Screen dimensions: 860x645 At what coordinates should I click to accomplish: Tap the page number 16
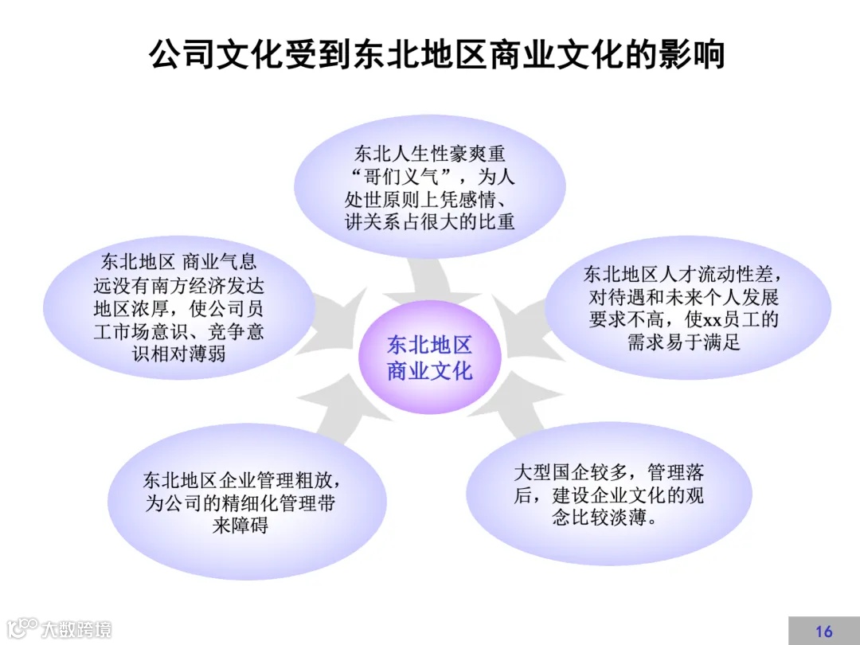click(x=824, y=631)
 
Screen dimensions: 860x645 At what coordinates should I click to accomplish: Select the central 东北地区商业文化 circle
click(x=430, y=358)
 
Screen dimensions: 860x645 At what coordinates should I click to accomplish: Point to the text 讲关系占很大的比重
click(x=430, y=221)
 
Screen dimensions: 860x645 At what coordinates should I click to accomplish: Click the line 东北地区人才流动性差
click(x=682, y=275)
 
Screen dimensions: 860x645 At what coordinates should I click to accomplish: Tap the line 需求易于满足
click(x=683, y=343)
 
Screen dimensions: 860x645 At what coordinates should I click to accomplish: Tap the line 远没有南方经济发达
click(x=178, y=285)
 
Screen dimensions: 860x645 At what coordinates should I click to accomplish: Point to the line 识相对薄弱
click(x=178, y=354)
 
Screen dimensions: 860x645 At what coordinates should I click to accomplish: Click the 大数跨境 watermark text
click(x=76, y=629)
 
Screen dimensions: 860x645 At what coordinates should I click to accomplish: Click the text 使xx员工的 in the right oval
click(x=725, y=320)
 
